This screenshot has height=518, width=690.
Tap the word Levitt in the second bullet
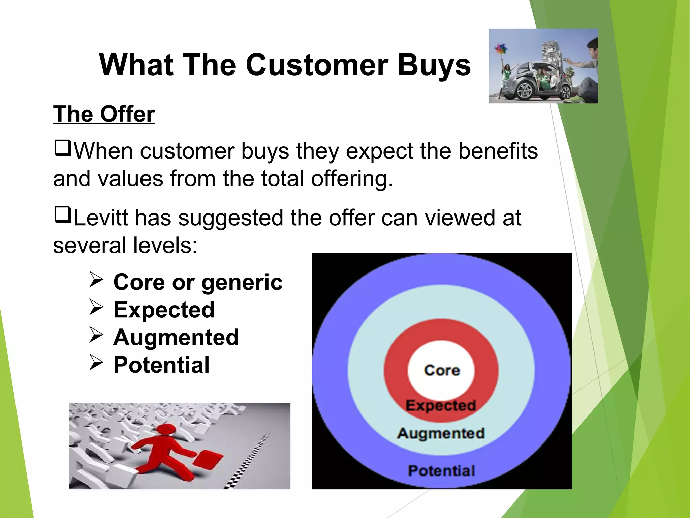coord(100,218)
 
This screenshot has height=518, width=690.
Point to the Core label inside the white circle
coord(442,370)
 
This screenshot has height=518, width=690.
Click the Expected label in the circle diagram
coord(441,405)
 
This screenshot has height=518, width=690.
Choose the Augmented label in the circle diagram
coord(441,433)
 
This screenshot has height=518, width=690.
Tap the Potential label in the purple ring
coord(441,471)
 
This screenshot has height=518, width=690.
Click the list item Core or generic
coord(198,282)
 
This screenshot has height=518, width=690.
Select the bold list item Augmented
coord(176,337)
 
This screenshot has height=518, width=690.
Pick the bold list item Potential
coord(161,365)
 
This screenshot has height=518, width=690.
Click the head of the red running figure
coord(165,430)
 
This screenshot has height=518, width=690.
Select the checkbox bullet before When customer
coord(62,148)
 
